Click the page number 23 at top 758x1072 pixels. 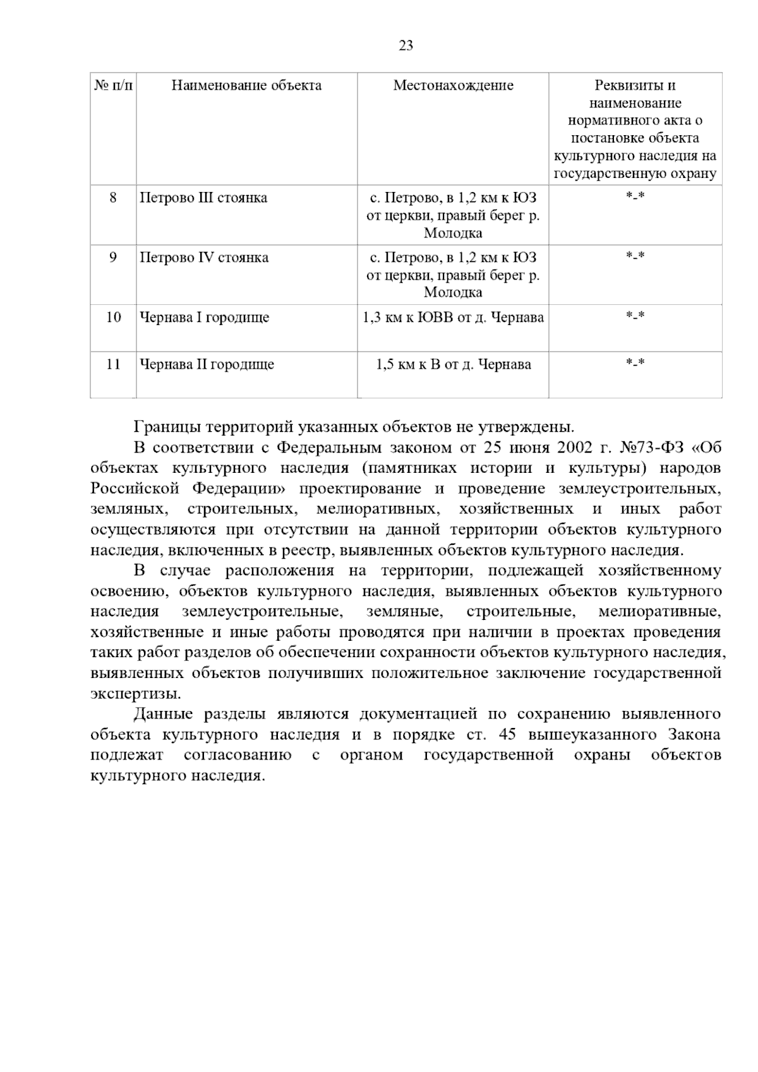pos(406,45)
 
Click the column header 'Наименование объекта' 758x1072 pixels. pos(246,86)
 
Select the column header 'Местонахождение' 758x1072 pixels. pos(453,86)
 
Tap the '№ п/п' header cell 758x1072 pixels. pos(113,86)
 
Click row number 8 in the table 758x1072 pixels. pos(113,198)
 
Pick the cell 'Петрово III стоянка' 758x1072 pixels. pos(203,198)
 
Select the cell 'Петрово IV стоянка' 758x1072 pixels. pos(203,258)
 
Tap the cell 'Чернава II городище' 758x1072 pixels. pos(207,365)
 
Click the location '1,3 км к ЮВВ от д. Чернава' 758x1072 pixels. pos(453,318)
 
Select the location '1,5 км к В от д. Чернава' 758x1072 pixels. pos(453,365)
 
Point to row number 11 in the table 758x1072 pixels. pos(113,365)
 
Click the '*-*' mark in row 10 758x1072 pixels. pos(635,316)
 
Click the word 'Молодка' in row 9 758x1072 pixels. pos(453,292)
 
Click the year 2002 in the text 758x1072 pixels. pos(574,448)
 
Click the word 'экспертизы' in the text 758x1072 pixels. pos(135,694)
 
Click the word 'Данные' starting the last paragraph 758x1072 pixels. pos(159,715)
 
